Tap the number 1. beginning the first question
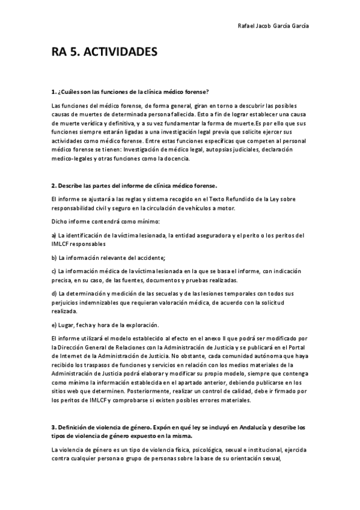(x=53, y=92)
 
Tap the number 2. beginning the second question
(x=53, y=185)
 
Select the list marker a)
(x=54, y=235)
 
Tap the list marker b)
(x=54, y=257)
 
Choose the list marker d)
(x=54, y=293)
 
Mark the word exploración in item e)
(x=141, y=324)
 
